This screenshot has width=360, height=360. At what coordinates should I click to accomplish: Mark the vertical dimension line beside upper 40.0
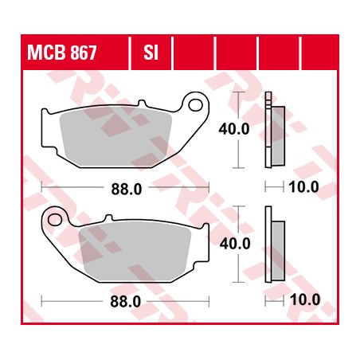tap(237, 112)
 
